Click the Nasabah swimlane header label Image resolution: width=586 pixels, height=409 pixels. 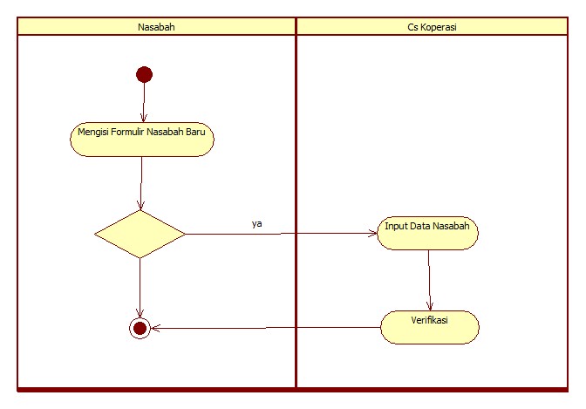(156, 27)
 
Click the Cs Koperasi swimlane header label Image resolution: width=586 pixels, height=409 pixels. (433, 27)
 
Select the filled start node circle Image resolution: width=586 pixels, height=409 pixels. (144, 74)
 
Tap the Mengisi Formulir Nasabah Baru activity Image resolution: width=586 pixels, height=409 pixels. (141, 140)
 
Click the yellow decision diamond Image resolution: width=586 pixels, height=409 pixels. (140, 234)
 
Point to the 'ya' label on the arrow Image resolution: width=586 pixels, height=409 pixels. (256, 223)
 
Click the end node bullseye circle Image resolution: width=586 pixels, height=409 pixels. (139, 328)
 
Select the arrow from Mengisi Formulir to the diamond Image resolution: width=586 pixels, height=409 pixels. (140, 183)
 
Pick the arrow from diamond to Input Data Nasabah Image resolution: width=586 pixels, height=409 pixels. (279, 234)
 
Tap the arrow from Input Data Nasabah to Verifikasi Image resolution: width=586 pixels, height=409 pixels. (429, 279)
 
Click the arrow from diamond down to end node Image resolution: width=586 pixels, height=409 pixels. (140, 288)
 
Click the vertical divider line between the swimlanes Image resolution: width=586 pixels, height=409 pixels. (296, 209)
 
